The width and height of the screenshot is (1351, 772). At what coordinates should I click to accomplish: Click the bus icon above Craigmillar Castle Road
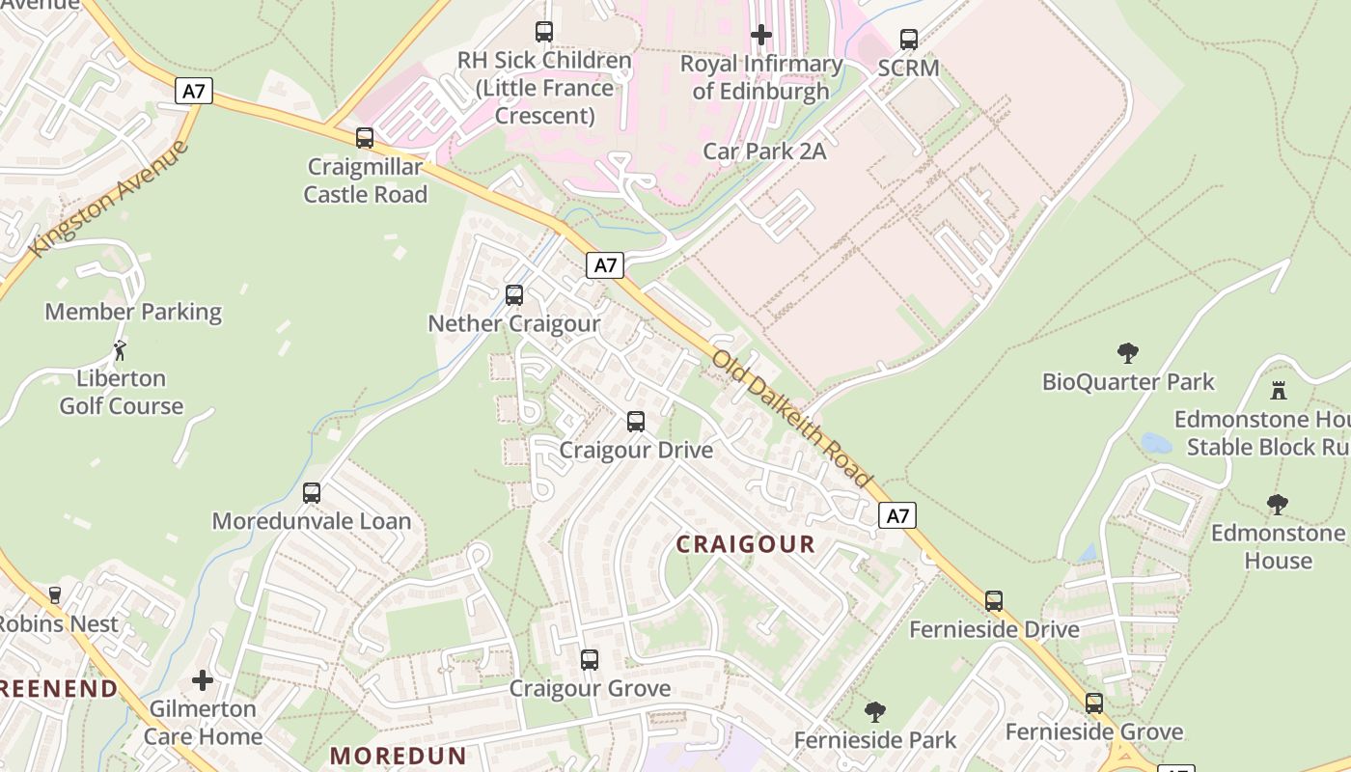[365, 138]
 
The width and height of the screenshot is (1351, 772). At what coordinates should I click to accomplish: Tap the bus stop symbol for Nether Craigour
[514, 294]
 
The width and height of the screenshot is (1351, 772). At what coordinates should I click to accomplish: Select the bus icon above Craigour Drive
[636, 422]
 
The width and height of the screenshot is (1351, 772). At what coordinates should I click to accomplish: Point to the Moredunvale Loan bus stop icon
[312, 493]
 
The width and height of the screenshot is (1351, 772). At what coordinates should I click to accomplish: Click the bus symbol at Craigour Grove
[590, 660]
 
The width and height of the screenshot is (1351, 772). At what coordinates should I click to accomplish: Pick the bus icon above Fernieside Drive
[994, 601]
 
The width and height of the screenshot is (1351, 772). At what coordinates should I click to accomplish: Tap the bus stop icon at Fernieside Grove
[1093, 703]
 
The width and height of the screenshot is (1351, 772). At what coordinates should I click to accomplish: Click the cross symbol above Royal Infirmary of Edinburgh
[761, 36]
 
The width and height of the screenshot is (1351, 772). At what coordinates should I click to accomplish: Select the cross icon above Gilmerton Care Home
[203, 680]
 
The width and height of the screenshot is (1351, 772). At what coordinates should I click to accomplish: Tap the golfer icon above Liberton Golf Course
[121, 349]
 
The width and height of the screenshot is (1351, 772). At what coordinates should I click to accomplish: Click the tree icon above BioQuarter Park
[1127, 353]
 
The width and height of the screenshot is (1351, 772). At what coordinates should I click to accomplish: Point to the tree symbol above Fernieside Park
[875, 712]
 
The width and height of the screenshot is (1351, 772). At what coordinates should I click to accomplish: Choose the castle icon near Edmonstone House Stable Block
[1279, 391]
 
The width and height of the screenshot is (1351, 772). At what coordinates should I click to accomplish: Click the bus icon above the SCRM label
[909, 40]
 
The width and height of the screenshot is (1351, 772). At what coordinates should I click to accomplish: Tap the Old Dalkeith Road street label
[791, 418]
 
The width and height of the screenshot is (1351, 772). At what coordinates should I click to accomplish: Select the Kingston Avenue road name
[109, 199]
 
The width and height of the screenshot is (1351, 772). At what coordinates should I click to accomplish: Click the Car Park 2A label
[764, 151]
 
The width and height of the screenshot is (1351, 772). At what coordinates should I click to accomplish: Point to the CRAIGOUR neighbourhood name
[745, 544]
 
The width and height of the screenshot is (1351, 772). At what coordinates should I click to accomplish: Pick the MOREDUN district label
[399, 756]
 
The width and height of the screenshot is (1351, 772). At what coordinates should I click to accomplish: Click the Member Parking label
[133, 312]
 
